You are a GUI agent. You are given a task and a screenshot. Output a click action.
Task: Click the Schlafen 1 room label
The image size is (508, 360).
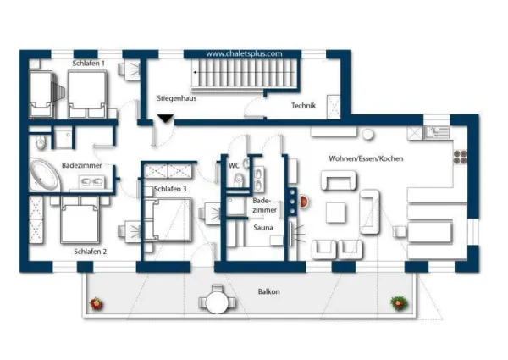[x=88, y=64]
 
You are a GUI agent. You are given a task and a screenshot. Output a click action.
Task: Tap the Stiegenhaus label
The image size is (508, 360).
[x=177, y=98]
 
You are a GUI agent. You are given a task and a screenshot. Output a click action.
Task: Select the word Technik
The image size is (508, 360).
[x=303, y=105]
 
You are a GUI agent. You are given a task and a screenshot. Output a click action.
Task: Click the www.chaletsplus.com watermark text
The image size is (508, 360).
[x=244, y=54]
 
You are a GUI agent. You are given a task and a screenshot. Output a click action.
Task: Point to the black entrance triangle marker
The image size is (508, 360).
[x=165, y=119]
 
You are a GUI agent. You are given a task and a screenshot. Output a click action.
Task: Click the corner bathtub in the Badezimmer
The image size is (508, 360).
[x=44, y=174]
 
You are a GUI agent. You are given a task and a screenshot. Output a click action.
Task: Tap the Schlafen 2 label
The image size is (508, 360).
[x=90, y=252]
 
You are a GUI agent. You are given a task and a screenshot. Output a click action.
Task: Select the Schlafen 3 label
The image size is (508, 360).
[x=170, y=189]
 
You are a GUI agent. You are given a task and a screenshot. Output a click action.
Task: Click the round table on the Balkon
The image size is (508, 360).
[x=217, y=302]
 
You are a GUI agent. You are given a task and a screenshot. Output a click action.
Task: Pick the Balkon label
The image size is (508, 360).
[x=269, y=291]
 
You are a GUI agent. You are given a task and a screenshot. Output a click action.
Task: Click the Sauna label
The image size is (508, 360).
[x=263, y=228]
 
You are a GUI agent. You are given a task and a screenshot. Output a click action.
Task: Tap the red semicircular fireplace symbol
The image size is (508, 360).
[x=304, y=202]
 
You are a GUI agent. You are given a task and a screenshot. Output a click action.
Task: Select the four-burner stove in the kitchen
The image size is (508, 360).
[x=460, y=158]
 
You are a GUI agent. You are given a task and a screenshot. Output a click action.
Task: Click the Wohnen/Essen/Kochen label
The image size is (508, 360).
[x=366, y=158]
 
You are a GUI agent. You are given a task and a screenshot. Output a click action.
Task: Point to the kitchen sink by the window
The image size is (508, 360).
[x=437, y=132]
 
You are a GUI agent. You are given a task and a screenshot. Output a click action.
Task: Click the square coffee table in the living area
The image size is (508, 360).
[x=335, y=213]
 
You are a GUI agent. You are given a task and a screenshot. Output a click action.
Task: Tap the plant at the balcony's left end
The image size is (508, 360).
[x=97, y=304]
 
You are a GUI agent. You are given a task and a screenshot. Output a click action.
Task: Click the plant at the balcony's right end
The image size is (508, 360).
[x=399, y=303]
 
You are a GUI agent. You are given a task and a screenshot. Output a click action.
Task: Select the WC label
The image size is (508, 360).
[x=234, y=165]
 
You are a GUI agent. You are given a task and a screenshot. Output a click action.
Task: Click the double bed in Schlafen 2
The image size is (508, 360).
[x=80, y=219]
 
